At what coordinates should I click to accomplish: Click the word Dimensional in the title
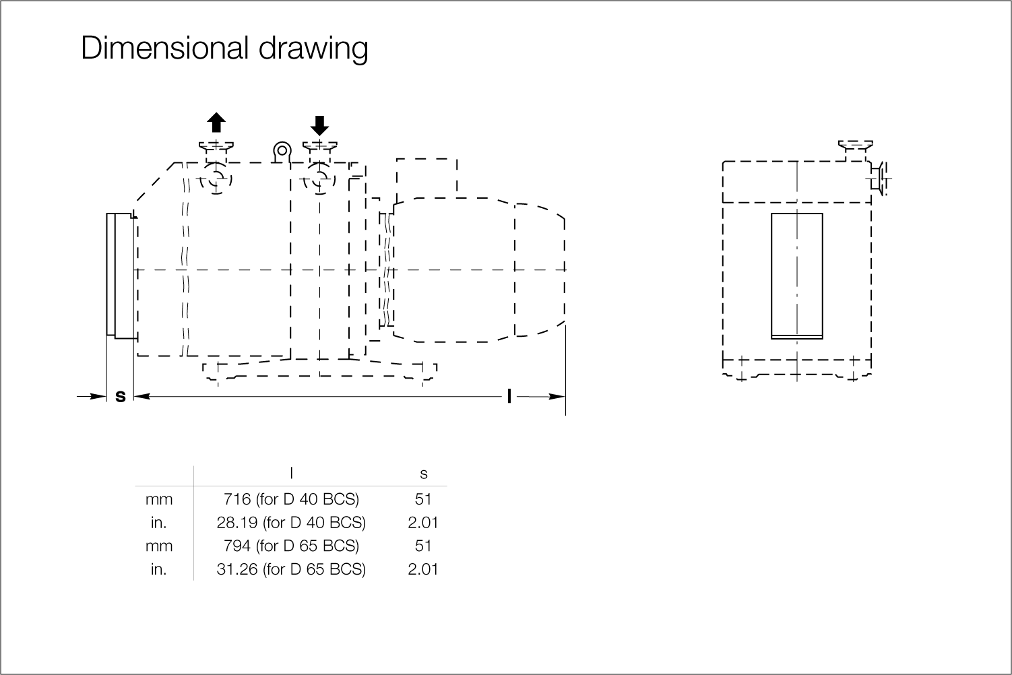(165, 47)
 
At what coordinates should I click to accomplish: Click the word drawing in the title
(313, 49)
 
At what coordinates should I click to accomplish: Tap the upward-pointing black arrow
(216, 123)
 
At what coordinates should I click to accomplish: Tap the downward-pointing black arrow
(320, 125)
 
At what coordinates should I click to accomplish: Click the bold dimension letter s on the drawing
(121, 396)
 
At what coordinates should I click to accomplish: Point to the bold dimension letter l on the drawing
(509, 396)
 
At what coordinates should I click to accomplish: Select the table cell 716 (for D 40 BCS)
(291, 499)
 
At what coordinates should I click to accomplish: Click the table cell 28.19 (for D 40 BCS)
(291, 523)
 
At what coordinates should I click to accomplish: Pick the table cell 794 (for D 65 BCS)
(291, 546)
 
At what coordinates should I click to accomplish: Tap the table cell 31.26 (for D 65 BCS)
(291, 569)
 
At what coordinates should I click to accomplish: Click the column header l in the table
(291, 473)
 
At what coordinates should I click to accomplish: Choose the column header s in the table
(423, 474)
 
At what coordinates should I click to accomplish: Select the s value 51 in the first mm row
(423, 499)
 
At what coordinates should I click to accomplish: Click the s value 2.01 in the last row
(423, 569)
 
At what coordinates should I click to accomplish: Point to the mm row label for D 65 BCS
(159, 546)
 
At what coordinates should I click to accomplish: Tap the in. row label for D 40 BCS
(159, 523)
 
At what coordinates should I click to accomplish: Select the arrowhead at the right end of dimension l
(557, 397)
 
